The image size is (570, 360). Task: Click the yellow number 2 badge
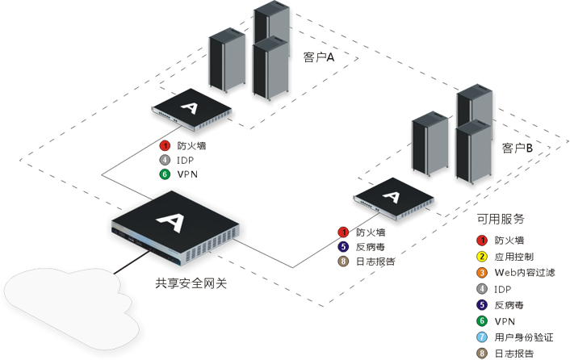coord(482,257)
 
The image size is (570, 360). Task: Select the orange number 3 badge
coord(482,273)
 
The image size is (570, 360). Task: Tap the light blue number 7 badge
coord(482,337)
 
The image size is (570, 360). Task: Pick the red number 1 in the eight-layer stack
coord(482,240)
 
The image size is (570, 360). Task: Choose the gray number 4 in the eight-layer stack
coord(482,288)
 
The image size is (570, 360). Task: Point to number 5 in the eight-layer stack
coord(482,305)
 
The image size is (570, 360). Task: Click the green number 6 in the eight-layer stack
coord(482,320)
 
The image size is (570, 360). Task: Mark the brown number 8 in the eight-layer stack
coord(482,353)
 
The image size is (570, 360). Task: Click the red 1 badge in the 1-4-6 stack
coord(165,146)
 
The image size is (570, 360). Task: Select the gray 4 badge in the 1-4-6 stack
coord(165,160)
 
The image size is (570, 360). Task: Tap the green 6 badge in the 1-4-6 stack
coord(165,174)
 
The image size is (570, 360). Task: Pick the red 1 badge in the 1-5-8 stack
coord(343,232)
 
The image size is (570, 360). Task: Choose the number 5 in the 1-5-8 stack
coord(343,246)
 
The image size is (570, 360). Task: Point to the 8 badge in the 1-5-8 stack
coord(343,261)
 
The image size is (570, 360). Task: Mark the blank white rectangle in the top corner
coord(490,32)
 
